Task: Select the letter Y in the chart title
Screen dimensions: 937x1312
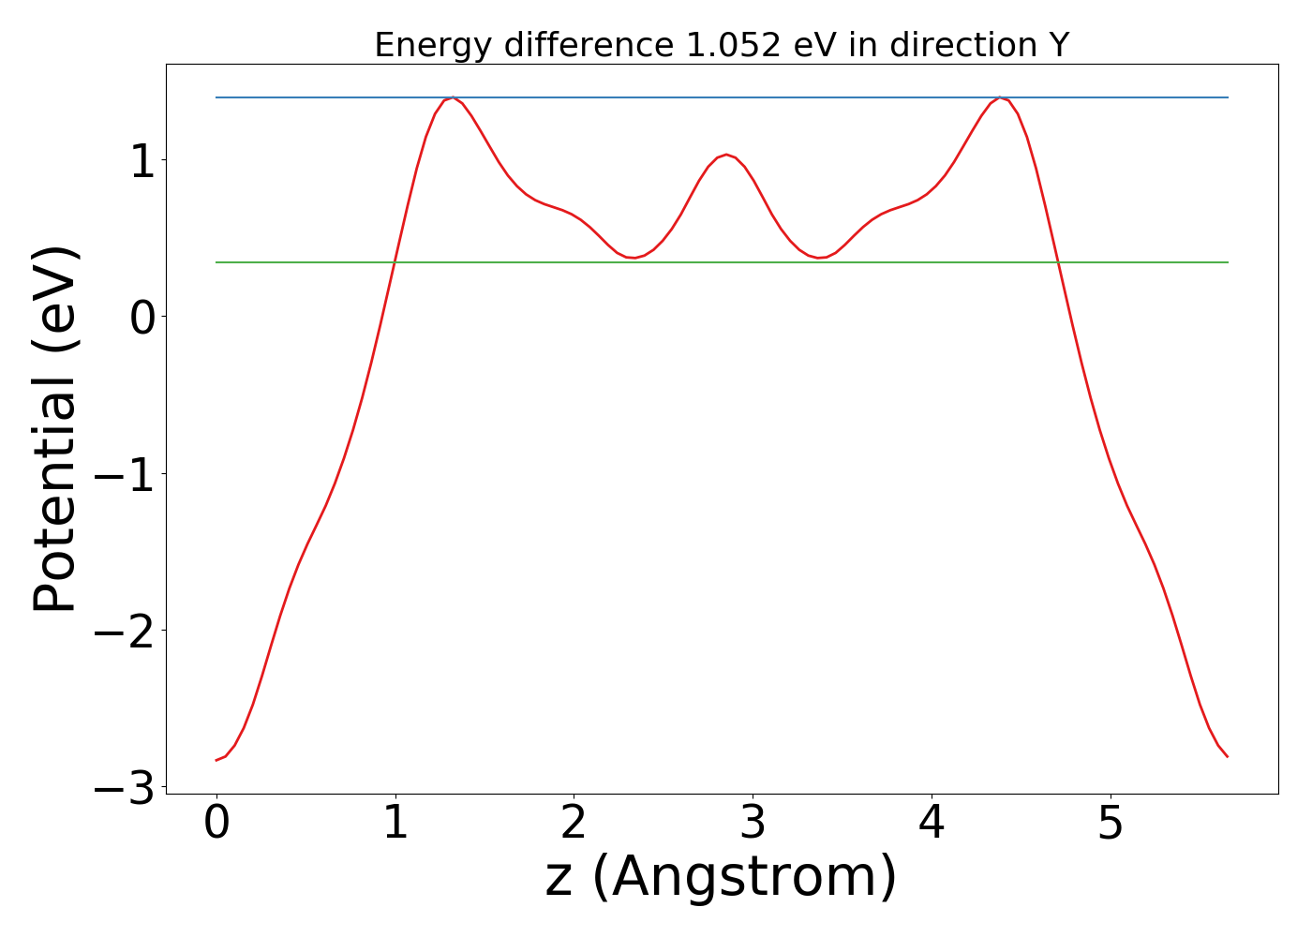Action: pyautogui.click(x=1059, y=45)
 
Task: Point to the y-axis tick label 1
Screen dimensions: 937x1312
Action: pyautogui.click(x=142, y=162)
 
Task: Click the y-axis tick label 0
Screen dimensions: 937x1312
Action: pyautogui.click(x=142, y=319)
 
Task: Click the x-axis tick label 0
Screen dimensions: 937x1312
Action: pyautogui.click(x=216, y=825)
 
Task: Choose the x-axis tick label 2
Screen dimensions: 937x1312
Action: pyautogui.click(x=574, y=825)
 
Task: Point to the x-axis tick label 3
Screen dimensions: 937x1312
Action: pyautogui.click(x=753, y=825)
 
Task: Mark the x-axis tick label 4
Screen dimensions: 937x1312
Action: pyautogui.click(x=932, y=825)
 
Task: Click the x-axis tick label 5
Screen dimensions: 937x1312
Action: pyautogui.click(x=1110, y=825)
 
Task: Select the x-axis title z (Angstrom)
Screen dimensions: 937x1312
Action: pyautogui.click(x=721, y=878)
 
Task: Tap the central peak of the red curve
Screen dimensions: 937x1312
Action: pyautogui.click(x=726, y=155)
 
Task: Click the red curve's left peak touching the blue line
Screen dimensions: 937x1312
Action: pyautogui.click(x=453, y=97)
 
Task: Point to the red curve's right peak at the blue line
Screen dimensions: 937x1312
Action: pyautogui.click(x=1000, y=97)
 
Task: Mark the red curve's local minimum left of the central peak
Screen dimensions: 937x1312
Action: pyautogui.click(x=634, y=258)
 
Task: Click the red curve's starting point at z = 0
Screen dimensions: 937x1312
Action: pyautogui.click(x=216, y=760)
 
